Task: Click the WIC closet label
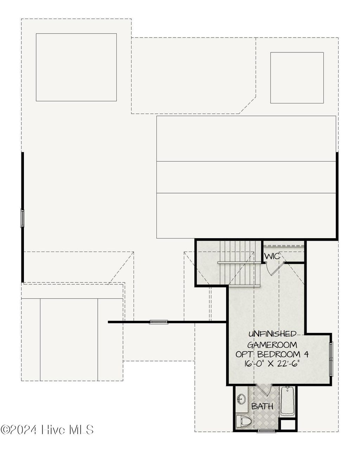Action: click(x=272, y=256)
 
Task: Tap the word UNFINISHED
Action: click(x=272, y=334)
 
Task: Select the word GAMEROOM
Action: click(x=272, y=344)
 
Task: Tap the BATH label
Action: click(x=262, y=406)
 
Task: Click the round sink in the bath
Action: click(x=242, y=399)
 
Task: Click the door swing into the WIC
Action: click(x=273, y=269)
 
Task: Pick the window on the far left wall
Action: click(x=22, y=218)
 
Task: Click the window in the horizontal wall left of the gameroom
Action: click(x=159, y=322)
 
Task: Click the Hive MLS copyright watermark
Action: click(x=47, y=429)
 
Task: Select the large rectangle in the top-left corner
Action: click(x=76, y=67)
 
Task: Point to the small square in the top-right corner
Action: click(x=297, y=78)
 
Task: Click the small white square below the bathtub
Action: click(x=288, y=424)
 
